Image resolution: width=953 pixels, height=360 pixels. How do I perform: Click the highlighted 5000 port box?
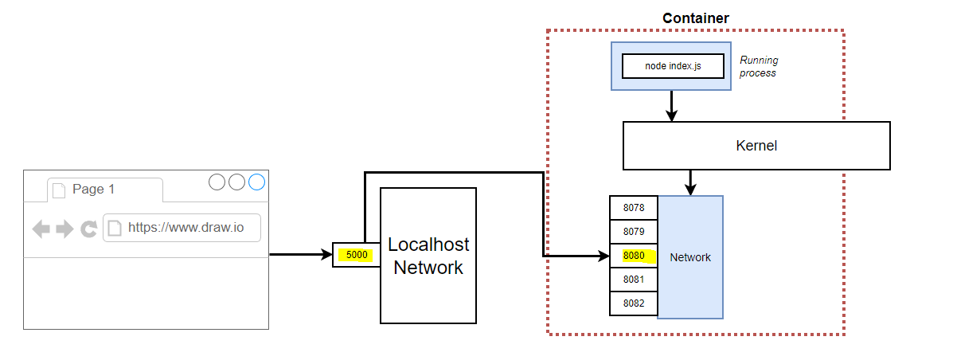click(356, 255)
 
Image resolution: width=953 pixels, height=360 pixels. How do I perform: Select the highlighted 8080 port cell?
click(634, 256)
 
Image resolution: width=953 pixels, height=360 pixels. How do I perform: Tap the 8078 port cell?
click(634, 208)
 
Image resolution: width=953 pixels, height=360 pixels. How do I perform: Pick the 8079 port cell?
click(634, 232)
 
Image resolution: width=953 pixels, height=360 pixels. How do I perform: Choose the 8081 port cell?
click(634, 280)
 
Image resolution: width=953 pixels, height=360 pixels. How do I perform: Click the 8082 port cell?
click(634, 303)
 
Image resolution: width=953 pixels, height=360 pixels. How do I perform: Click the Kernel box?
click(756, 146)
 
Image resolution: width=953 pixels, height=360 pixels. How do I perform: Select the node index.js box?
click(673, 66)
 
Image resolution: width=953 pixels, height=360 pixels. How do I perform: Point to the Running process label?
click(758, 66)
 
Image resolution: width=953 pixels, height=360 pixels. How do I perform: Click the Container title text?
click(695, 18)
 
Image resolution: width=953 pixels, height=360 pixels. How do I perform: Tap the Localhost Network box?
click(428, 256)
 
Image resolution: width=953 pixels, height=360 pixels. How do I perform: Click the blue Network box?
click(690, 257)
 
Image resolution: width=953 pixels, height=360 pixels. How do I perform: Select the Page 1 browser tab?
click(94, 190)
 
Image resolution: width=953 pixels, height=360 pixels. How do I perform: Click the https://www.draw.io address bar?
click(182, 228)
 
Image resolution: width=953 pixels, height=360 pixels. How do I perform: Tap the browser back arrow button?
click(41, 229)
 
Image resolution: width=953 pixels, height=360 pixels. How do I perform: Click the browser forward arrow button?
click(64, 229)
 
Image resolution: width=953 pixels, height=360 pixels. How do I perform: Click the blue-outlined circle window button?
click(256, 182)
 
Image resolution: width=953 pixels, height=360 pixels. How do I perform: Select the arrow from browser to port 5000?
click(300, 255)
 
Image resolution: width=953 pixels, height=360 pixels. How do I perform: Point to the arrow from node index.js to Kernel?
click(672, 105)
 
